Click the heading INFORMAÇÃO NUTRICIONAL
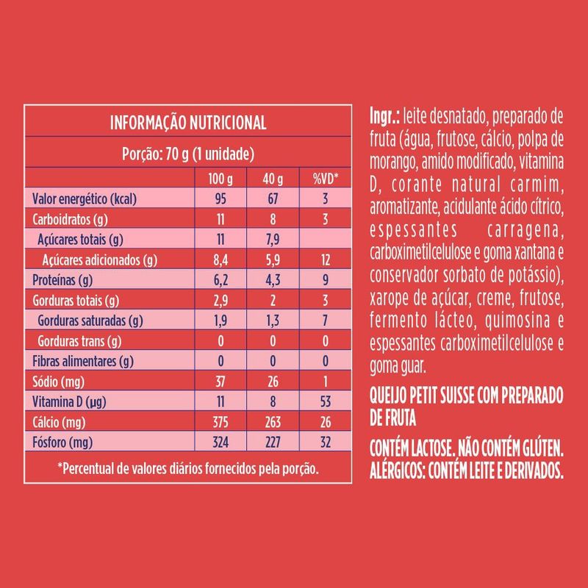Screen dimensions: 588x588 click(x=187, y=122)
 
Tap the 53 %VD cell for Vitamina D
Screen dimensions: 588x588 click(x=325, y=401)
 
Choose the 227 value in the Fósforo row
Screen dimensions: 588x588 click(x=272, y=442)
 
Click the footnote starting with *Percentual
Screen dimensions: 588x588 click(x=188, y=468)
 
